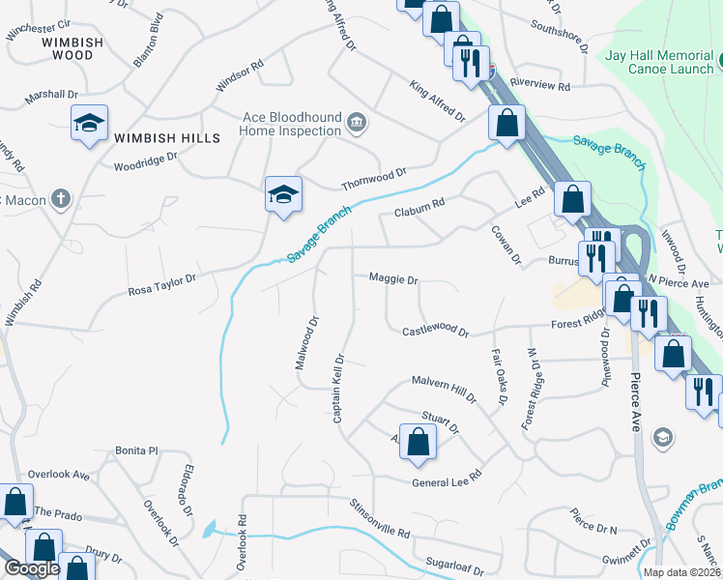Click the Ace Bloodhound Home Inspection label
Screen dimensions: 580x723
291,124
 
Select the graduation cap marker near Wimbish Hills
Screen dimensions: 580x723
89,124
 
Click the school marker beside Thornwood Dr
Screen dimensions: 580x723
284,195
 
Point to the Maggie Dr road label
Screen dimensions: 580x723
393,279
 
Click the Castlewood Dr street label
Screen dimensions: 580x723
436,332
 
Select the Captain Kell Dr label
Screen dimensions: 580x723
339,388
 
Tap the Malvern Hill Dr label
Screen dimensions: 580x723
445,389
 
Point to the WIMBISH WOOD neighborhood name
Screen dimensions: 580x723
68,48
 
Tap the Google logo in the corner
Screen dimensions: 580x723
31,568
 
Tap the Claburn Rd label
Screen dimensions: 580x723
419,207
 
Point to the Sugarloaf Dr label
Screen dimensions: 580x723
453,563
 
